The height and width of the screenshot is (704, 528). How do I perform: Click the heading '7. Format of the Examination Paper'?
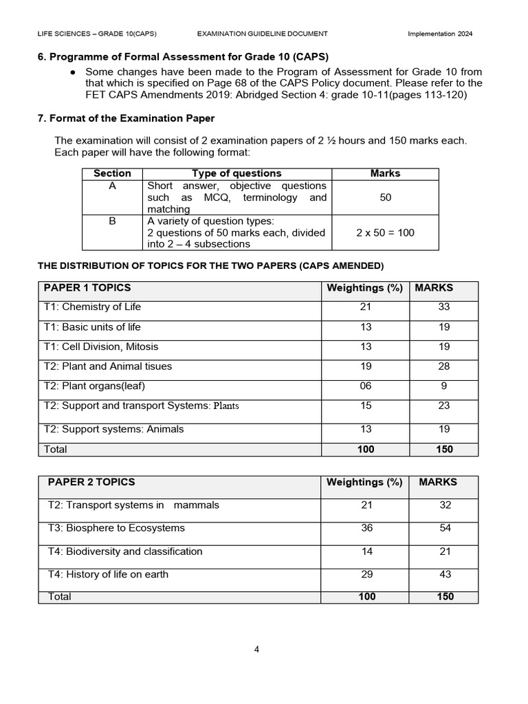(x=126, y=118)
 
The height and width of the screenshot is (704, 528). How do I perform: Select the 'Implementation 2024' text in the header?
(x=440, y=34)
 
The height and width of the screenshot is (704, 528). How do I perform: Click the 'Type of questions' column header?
(x=236, y=173)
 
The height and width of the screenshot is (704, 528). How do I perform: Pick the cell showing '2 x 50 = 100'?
(x=385, y=232)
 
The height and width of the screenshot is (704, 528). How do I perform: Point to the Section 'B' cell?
(x=112, y=221)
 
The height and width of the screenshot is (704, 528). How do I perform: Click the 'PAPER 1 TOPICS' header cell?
(x=87, y=287)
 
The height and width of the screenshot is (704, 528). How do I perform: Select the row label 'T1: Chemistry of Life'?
(x=92, y=307)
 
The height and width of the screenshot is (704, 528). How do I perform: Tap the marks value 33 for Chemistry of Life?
(x=444, y=307)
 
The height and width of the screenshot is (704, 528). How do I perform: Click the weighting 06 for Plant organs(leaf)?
(x=366, y=386)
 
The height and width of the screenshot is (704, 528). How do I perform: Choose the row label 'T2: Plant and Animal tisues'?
(x=107, y=366)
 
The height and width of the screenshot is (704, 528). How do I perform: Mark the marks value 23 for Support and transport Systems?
(x=444, y=406)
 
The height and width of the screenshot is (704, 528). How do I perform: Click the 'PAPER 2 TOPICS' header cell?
(x=91, y=482)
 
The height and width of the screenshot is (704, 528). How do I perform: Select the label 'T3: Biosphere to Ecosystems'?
(x=116, y=528)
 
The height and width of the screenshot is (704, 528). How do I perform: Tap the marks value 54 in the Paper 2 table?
(x=445, y=528)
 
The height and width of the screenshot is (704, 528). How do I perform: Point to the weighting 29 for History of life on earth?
(x=366, y=574)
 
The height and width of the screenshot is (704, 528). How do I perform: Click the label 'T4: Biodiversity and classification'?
(x=125, y=551)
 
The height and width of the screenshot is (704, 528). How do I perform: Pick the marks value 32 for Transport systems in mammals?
(x=445, y=505)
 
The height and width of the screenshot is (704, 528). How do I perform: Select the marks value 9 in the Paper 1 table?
(x=444, y=386)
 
